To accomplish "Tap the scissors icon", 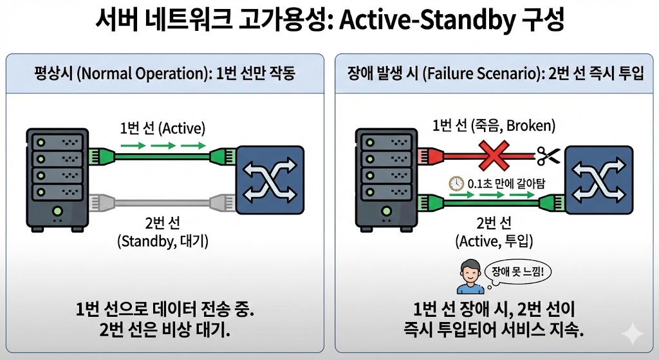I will (549, 155).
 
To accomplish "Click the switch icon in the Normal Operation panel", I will (270, 180).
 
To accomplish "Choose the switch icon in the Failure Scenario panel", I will (597, 180).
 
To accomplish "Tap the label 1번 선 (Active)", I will (162, 128).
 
